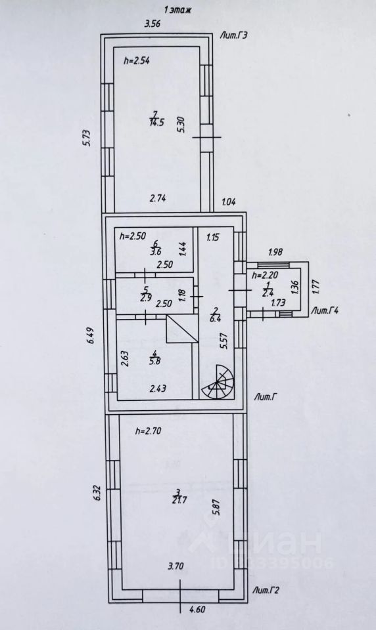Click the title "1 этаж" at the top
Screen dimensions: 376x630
click(x=177, y=10)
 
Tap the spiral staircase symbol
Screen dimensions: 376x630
click(x=218, y=382)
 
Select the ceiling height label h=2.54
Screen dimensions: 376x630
click(x=137, y=61)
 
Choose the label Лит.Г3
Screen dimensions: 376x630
click(x=233, y=35)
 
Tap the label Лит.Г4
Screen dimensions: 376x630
click(x=325, y=310)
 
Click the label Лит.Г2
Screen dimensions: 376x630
click(x=266, y=591)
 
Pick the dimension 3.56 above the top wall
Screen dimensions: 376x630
click(x=153, y=24)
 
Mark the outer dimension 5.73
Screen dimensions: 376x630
click(x=88, y=138)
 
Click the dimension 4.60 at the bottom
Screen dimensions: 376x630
click(x=197, y=610)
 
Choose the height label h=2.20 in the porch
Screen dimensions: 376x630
click(x=264, y=276)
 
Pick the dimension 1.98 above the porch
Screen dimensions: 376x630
click(x=276, y=252)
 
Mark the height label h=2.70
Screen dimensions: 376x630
click(x=149, y=432)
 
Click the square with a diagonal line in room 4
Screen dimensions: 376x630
click(x=182, y=329)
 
